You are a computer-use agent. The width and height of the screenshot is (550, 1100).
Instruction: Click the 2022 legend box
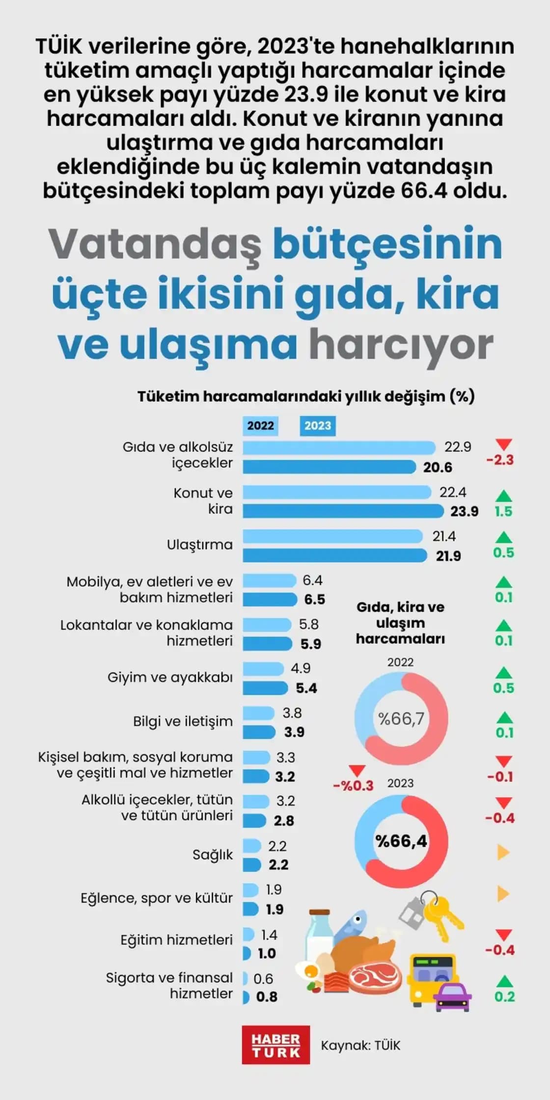(x=260, y=426)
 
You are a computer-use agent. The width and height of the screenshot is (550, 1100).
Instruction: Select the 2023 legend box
(x=318, y=426)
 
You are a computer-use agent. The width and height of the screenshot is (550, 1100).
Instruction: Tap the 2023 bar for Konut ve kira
(x=343, y=511)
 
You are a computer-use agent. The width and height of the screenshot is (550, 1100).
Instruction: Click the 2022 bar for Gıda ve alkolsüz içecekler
(x=339, y=447)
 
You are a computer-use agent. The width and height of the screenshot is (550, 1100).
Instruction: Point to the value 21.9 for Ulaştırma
(x=448, y=556)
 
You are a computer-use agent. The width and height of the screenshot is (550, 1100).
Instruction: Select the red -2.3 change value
(x=500, y=460)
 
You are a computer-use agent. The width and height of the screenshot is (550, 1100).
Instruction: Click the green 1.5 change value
(x=503, y=511)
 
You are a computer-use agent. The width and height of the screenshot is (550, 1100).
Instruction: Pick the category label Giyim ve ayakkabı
(x=170, y=677)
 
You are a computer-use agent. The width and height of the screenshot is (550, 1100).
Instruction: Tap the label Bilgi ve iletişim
(x=183, y=721)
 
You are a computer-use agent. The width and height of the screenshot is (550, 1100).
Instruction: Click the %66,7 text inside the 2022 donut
(x=401, y=719)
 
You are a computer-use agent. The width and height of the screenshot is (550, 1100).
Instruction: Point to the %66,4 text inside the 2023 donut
(x=401, y=841)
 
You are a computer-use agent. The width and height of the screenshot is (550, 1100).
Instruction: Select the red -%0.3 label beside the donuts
(x=354, y=786)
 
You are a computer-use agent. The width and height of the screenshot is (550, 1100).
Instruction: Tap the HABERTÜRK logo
(x=275, y=1045)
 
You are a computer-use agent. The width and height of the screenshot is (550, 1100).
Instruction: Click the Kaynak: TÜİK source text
(x=360, y=1045)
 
